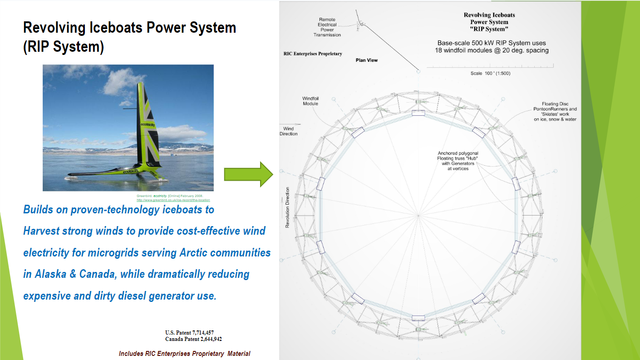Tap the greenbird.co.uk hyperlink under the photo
(x=173, y=200)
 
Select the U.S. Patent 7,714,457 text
(x=189, y=333)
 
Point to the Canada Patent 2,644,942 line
(x=193, y=339)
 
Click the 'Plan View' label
(x=367, y=60)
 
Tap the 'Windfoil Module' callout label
(x=310, y=101)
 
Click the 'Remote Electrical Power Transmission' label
(x=330, y=27)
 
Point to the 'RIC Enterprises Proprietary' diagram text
(x=313, y=54)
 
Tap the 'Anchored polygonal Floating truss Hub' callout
(x=458, y=161)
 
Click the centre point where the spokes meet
(x=418, y=216)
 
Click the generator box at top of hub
(x=418, y=113)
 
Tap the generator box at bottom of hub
(x=418, y=318)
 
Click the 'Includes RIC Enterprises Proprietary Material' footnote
(x=184, y=354)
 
